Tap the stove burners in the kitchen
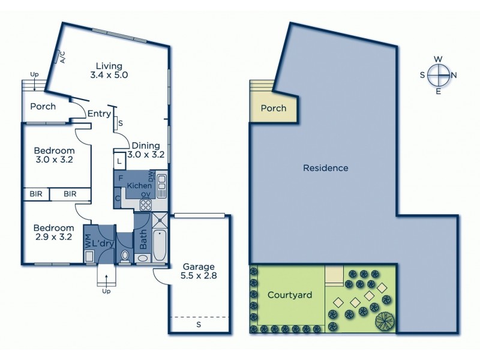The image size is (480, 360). pyautogui.click(x=145, y=205)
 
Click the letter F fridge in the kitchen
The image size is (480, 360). pyautogui.click(x=121, y=178)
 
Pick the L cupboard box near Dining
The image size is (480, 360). pyautogui.click(x=120, y=161)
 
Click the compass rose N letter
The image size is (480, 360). pyautogui.click(x=454, y=75)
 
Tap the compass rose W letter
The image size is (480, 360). pyautogui.click(x=439, y=59)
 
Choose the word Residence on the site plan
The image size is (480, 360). pyautogui.click(x=325, y=168)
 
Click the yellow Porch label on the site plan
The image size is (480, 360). pyautogui.click(x=274, y=109)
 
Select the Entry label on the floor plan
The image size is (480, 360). pyautogui.click(x=99, y=114)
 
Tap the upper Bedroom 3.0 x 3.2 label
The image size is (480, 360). pyautogui.click(x=54, y=155)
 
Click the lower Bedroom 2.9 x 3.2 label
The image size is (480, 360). pyautogui.click(x=54, y=232)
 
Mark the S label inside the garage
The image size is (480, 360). pyautogui.click(x=199, y=325)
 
